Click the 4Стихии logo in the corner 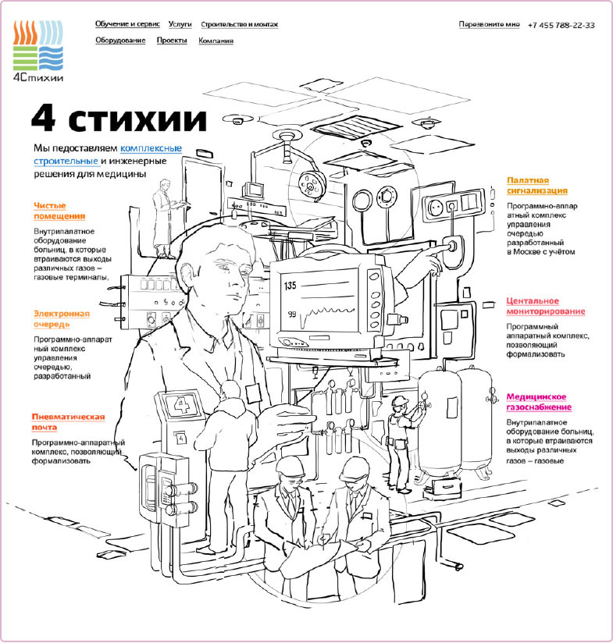[x=38, y=52]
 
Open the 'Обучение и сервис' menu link [x=127, y=24]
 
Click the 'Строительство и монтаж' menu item [x=239, y=24]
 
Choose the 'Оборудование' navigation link [x=120, y=40]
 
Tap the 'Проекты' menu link [x=172, y=40]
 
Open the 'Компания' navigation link [x=216, y=40]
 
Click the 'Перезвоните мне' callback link [x=489, y=24]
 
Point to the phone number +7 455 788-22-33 [x=561, y=25]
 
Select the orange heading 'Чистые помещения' [x=59, y=211]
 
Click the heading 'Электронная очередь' [x=61, y=318]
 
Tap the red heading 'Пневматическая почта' [x=68, y=422]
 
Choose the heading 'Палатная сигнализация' [x=536, y=184]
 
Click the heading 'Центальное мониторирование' [x=545, y=306]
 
